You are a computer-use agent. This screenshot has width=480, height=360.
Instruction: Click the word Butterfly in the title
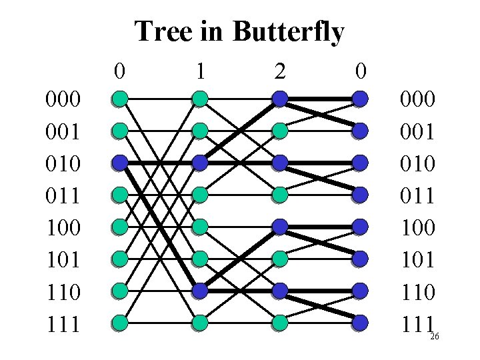point(288,31)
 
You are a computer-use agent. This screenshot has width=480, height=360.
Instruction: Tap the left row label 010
point(63,163)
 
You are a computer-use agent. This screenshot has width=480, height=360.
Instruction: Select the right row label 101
point(417,259)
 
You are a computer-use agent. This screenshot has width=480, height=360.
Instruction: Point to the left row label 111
point(63,325)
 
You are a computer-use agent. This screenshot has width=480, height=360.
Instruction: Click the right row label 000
point(417,99)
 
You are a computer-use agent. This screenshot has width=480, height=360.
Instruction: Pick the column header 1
point(199,70)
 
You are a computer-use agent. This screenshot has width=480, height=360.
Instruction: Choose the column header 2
point(280,70)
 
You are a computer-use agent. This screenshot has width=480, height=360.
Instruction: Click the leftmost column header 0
point(119,70)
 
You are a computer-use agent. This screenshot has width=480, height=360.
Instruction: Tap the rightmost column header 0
point(360,70)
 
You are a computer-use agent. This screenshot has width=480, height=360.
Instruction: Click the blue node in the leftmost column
point(120,163)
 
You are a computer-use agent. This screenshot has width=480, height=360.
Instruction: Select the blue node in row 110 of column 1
point(200,291)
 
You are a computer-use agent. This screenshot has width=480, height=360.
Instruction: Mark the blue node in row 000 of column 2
point(280,99)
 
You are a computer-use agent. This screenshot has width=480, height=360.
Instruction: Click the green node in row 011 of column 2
point(280,195)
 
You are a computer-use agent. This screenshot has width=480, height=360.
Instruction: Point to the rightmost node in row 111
point(360,323)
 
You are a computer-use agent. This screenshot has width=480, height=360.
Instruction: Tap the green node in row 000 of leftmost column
point(120,99)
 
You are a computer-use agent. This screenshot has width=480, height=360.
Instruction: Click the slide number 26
point(435,337)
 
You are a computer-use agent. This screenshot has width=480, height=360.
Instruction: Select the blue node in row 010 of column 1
point(200,163)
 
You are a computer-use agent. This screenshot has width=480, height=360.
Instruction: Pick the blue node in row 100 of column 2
point(280,227)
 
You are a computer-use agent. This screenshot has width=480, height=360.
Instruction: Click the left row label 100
point(63,227)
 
